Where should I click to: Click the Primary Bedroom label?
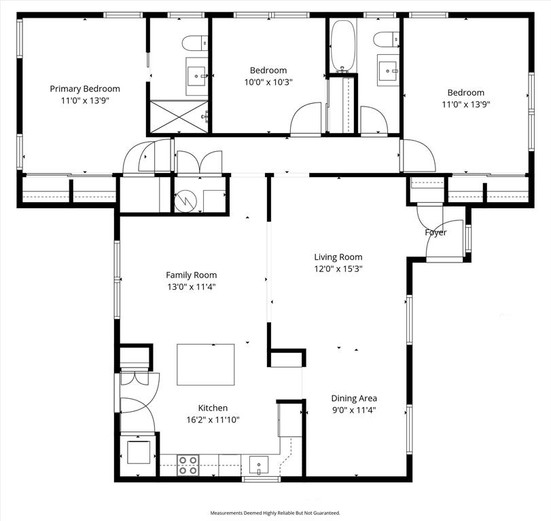tap(85, 88)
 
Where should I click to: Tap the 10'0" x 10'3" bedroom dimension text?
tap(268, 82)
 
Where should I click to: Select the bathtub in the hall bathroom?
tap(343, 45)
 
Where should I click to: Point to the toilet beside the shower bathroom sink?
tap(195, 43)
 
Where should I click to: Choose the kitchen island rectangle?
tap(206, 364)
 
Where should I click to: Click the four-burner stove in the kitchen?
tap(188, 465)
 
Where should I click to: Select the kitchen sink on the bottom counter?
tap(259, 465)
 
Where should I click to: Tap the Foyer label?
tap(436, 233)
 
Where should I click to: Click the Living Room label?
tap(338, 257)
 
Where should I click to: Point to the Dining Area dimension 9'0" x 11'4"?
tap(353, 410)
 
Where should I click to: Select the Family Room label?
tap(191, 275)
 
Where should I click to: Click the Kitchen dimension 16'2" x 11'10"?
tap(213, 419)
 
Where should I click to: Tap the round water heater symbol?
tap(186, 200)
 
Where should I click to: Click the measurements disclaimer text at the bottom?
tap(275, 513)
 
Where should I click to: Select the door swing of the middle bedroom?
tap(306, 119)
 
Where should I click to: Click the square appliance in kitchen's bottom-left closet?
tap(139, 451)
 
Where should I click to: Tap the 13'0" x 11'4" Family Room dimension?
tap(191, 287)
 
